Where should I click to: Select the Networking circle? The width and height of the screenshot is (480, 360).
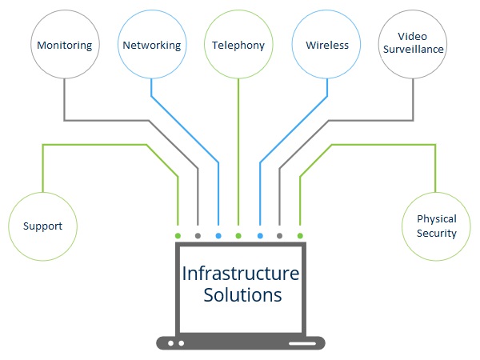[152, 45]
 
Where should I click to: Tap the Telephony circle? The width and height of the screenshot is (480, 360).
[238, 45]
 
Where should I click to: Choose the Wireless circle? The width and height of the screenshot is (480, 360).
[327, 45]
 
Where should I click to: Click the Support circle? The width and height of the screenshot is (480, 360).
[43, 226]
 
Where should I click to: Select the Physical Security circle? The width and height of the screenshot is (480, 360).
[436, 226]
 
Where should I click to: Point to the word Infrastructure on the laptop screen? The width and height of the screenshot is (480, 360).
[241, 274]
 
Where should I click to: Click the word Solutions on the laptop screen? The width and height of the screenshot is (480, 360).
[242, 295]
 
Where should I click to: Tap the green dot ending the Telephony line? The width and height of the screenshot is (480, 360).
[238, 236]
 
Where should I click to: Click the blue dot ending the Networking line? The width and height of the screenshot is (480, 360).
[218, 236]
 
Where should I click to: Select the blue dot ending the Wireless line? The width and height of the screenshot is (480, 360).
[259, 236]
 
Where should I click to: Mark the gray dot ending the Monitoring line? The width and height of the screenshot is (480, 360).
[198, 236]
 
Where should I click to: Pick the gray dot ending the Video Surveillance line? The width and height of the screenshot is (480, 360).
[279, 236]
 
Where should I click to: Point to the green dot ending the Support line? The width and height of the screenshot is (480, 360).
[178, 236]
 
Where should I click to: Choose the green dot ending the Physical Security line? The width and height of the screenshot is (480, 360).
[300, 236]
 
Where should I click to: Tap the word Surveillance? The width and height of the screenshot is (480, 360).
[413, 50]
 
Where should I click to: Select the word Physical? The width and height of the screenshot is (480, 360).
[437, 218]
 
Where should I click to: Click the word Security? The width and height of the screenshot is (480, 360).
[437, 234]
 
